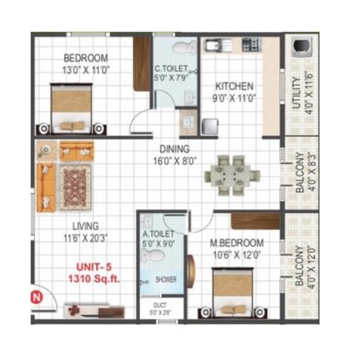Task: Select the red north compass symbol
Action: (36, 296)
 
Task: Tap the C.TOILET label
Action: (171, 70)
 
